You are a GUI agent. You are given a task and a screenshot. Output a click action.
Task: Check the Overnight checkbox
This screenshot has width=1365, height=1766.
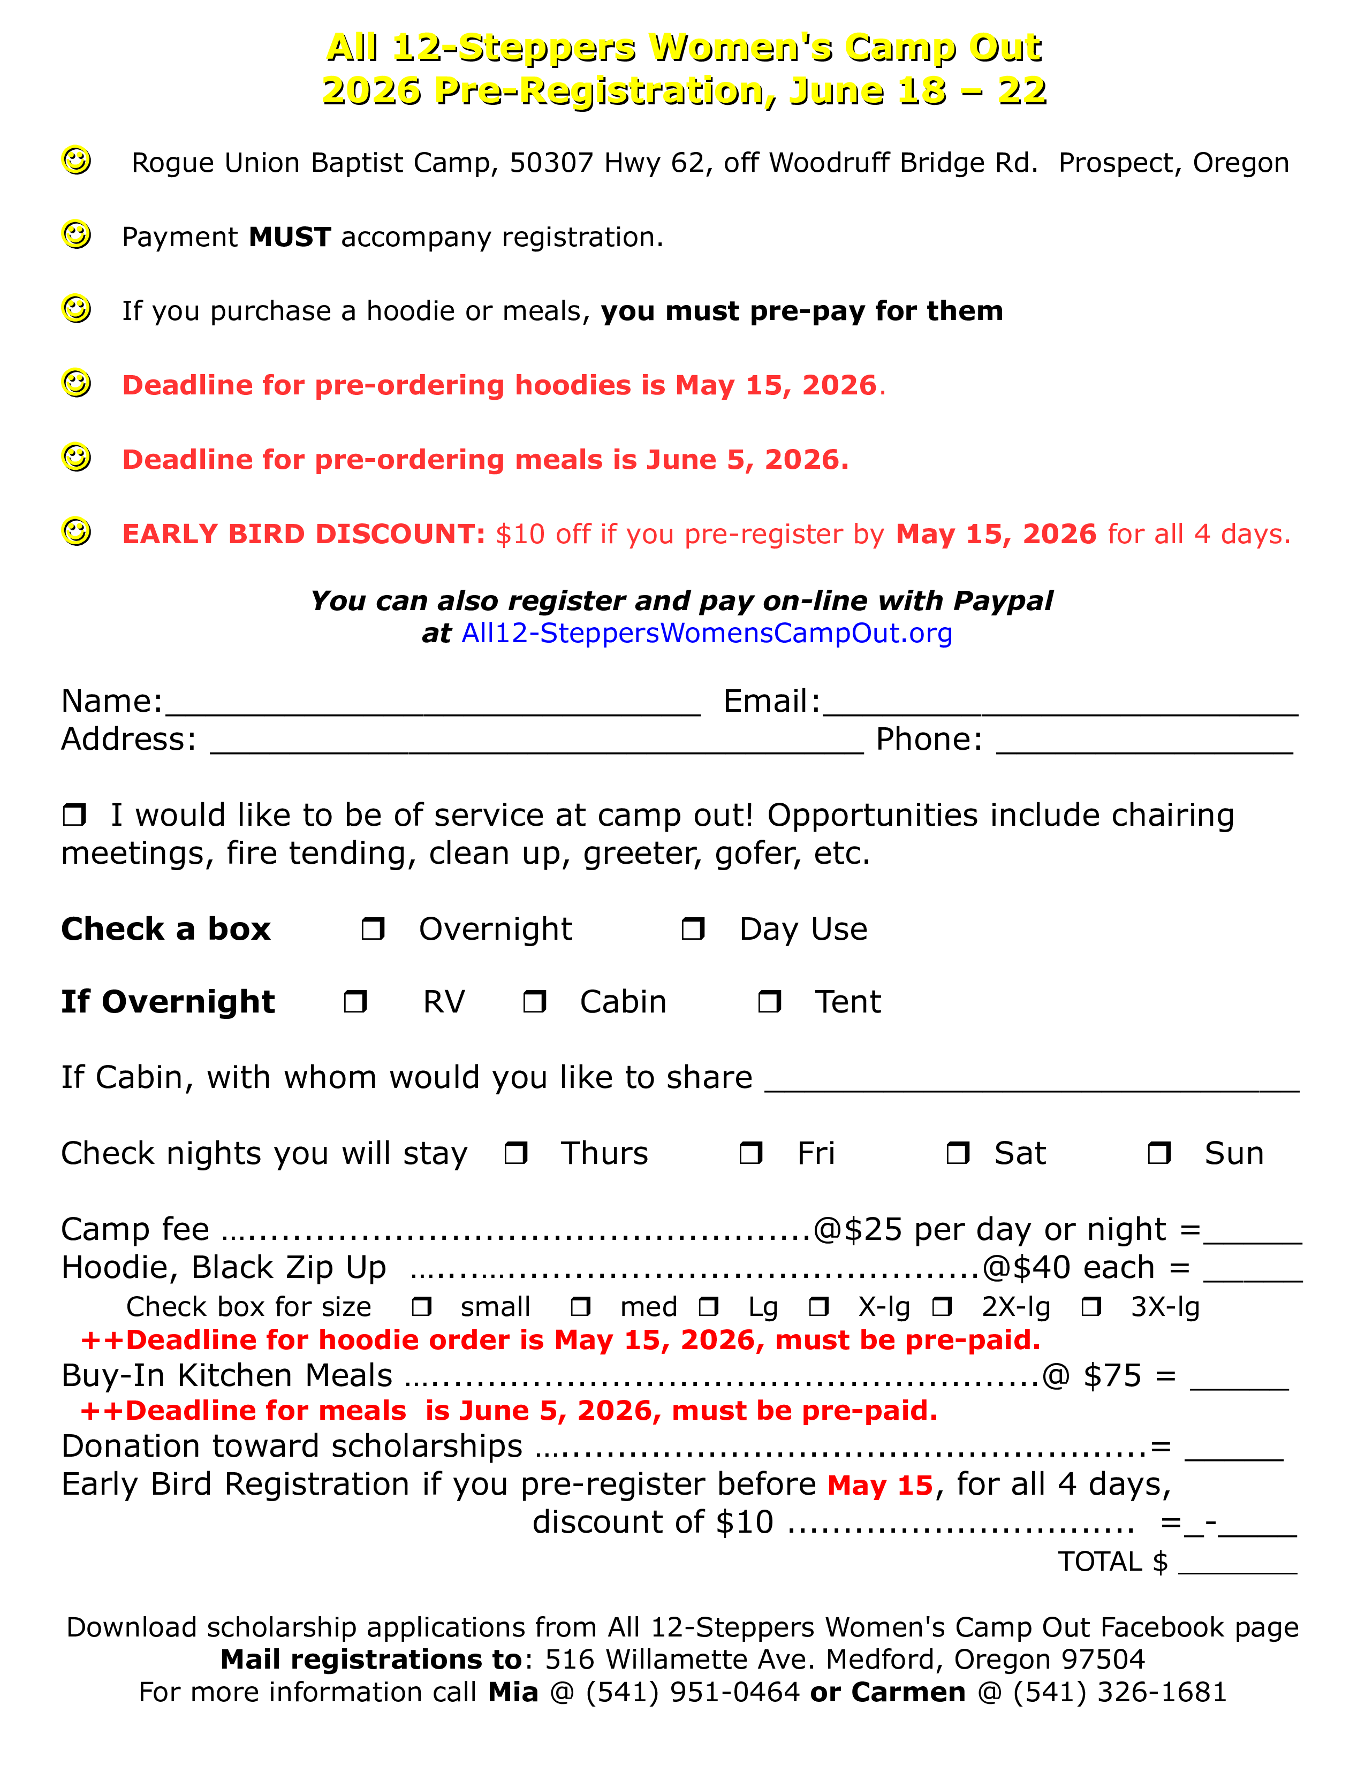pos(373,928)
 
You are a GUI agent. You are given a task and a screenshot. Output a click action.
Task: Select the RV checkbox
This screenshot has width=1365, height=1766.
pos(355,1002)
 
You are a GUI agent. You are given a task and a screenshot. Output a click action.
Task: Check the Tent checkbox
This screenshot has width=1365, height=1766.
pos(769,1002)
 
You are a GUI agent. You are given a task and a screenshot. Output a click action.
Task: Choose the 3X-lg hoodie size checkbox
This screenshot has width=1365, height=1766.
pos(1091,1307)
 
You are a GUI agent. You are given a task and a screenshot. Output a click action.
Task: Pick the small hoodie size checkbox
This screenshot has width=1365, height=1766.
pos(422,1307)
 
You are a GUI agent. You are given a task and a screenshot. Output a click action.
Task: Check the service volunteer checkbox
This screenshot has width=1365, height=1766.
pos(74,815)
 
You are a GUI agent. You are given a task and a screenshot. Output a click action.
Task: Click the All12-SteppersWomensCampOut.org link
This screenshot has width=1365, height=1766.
pos(707,633)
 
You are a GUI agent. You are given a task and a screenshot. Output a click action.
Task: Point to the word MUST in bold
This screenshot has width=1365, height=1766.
pos(290,237)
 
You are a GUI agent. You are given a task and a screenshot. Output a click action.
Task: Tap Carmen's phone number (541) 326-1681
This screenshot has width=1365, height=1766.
pos(1120,1692)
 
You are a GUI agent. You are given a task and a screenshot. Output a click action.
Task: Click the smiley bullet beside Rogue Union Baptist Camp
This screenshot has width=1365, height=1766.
pos(77,160)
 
